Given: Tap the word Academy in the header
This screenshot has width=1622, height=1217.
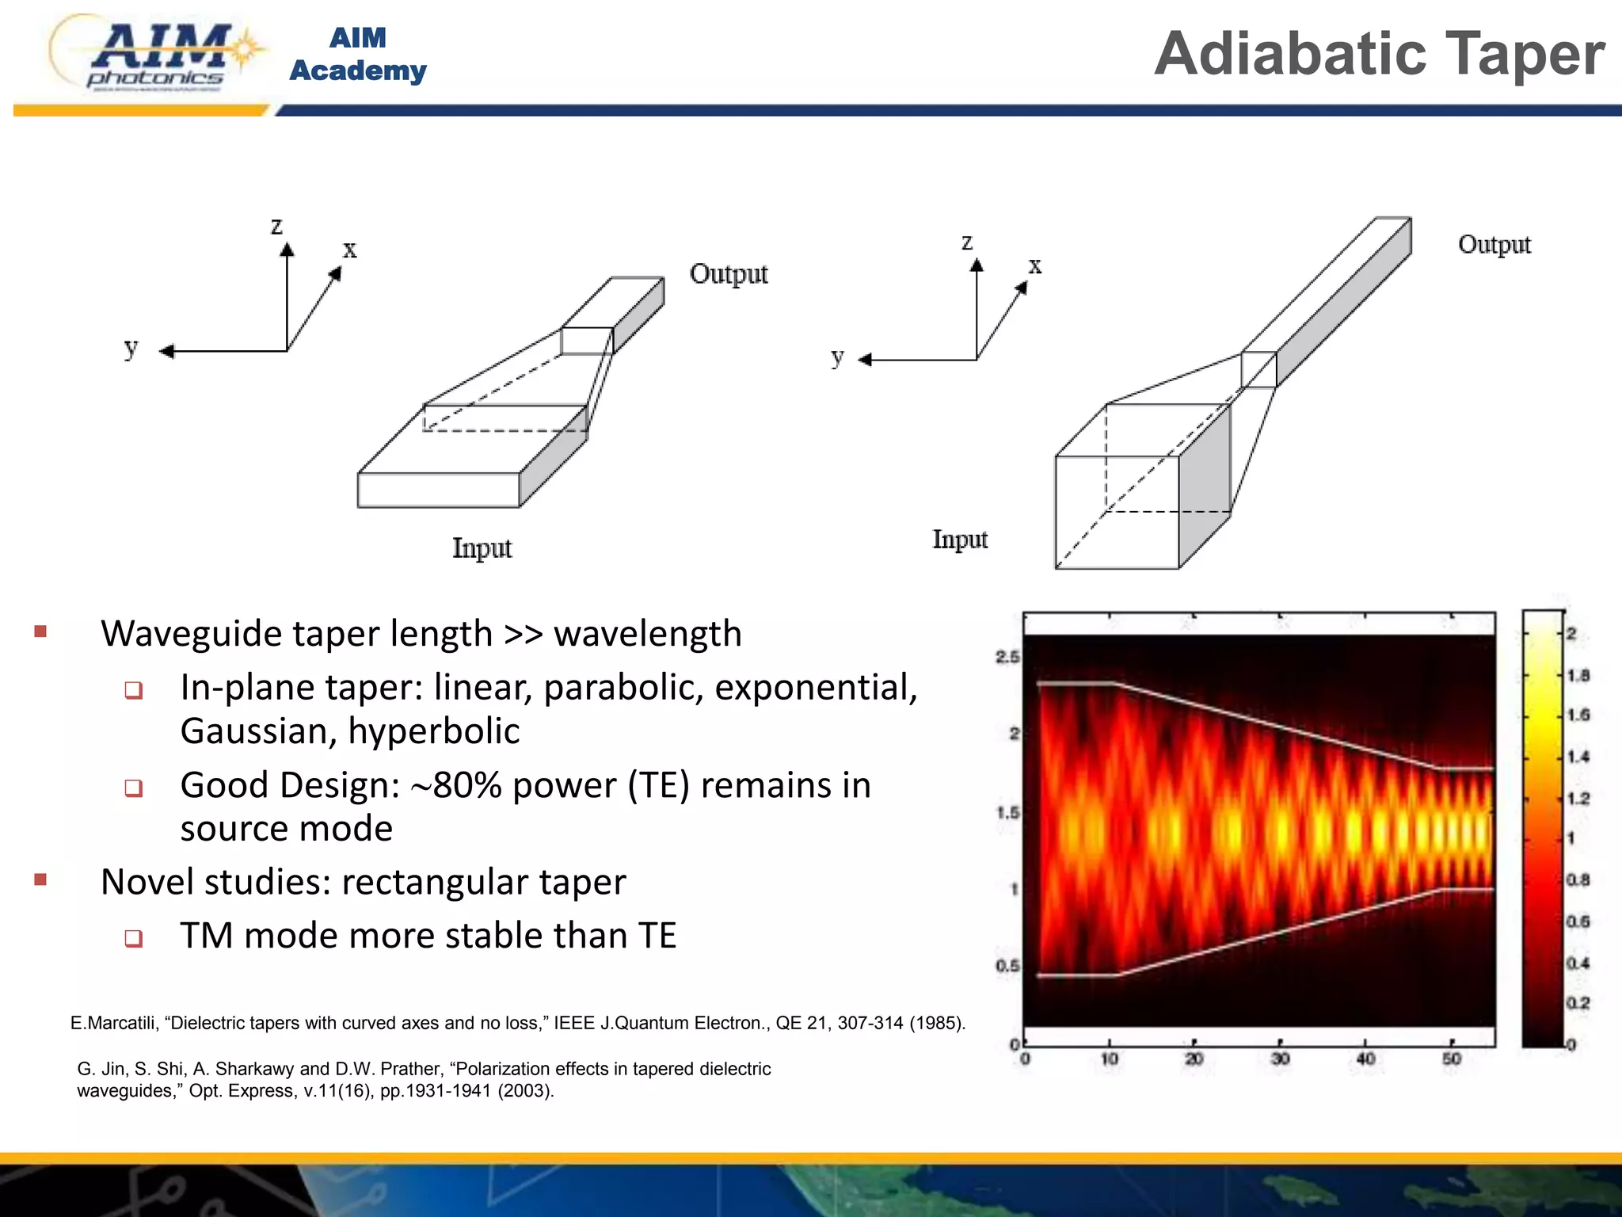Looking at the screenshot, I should click(x=357, y=71).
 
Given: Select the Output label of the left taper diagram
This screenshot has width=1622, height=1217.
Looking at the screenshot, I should click(x=728, y=273).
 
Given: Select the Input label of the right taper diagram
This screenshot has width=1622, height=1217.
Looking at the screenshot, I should click(x=959, y=540).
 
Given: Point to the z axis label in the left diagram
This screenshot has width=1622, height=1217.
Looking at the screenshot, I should click(x=276, y=226).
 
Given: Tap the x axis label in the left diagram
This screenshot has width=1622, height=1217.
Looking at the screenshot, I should click(x=349, y=250).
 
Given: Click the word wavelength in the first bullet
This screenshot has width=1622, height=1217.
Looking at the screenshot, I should click(x=647, y=634).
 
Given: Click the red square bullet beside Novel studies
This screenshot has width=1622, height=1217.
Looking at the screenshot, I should click(x=41, y=879).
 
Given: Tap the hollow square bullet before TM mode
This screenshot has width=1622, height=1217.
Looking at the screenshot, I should click(x=134, y=938).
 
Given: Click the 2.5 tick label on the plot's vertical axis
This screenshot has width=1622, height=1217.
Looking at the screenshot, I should click(x=1007, y=657).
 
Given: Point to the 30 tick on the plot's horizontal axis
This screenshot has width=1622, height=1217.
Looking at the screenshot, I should click(x=1280, y=1059).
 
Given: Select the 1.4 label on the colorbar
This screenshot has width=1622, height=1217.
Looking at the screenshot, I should click(x=1578, y=757).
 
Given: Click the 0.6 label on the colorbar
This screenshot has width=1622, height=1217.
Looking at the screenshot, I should click(x=1578, y=921).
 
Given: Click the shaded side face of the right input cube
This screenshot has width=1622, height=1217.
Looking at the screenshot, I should click(x=1204, y=483).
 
